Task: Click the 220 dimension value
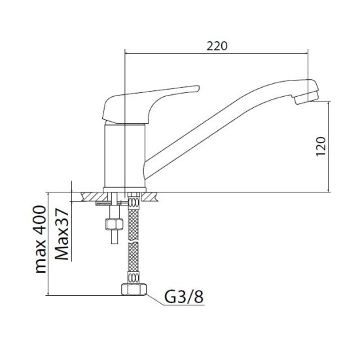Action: pos(217,46)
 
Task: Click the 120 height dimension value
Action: pos(321,147)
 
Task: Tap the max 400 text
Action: pos(40,239)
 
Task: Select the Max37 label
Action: pos(62,234)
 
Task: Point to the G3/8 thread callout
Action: pos(184,297)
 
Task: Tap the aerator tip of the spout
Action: pos(306,98)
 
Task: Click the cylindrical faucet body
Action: pos(124,156)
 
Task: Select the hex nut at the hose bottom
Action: pos(134,289)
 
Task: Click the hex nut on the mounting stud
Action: pos(114,224)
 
